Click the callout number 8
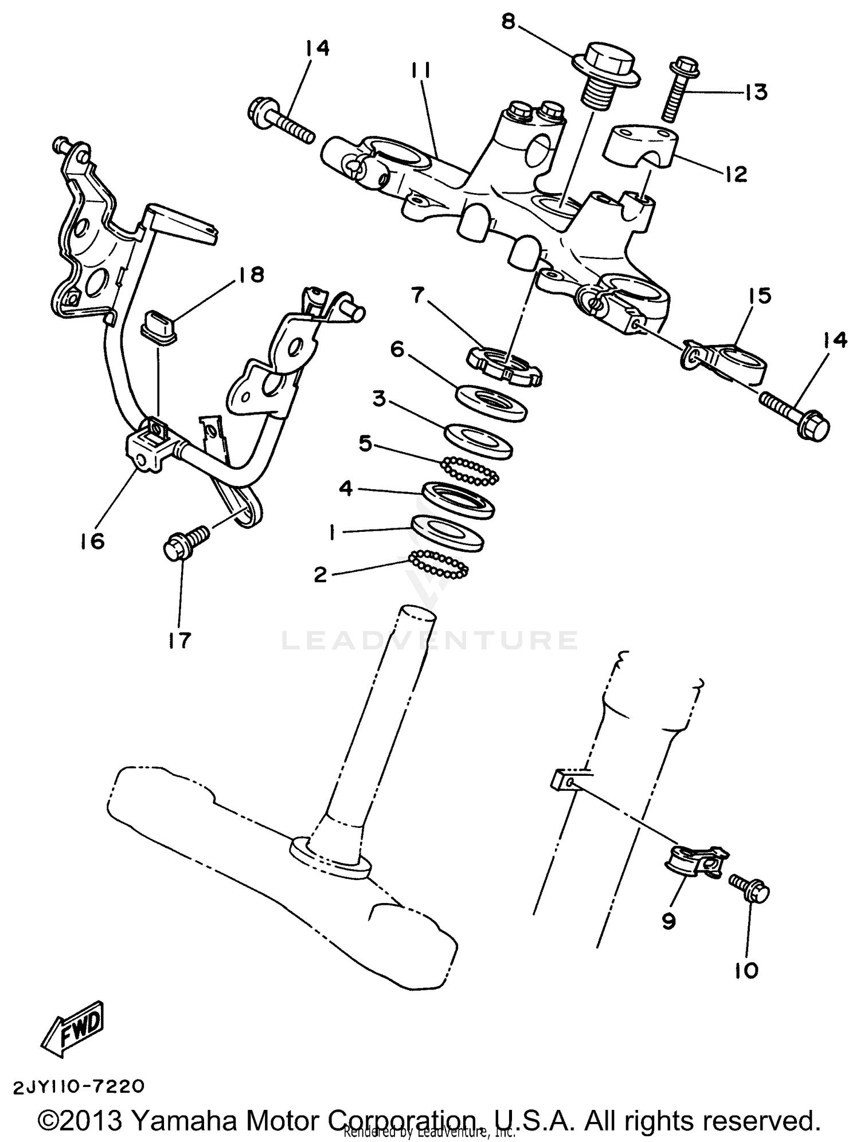(x=508, y=22)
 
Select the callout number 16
(x=93, y=540)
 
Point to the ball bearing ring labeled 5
(x=470, y=471)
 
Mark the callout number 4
(x=346, y=489)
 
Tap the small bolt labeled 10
(x=749, y=889)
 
